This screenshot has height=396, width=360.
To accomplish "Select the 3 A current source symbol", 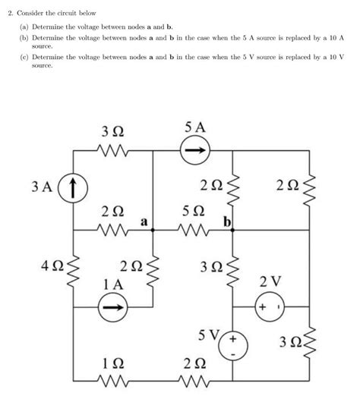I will point(74,186).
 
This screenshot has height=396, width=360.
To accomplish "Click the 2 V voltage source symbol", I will point(270,308).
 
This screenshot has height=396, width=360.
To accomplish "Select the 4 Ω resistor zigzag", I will point(74,268).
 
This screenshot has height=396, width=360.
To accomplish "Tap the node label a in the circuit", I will point(143,222).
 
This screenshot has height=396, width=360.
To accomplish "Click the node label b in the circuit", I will point(226,222).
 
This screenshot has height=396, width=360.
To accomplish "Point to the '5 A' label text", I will point(193,127).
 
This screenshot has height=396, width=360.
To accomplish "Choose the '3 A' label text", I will point(44,186).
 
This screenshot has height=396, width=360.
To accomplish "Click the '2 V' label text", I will point(270,282).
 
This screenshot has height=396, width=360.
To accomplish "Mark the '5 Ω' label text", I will point(193,210).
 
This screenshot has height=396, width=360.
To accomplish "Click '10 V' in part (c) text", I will point(333,57).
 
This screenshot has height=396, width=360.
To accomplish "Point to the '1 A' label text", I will point(112,283).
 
